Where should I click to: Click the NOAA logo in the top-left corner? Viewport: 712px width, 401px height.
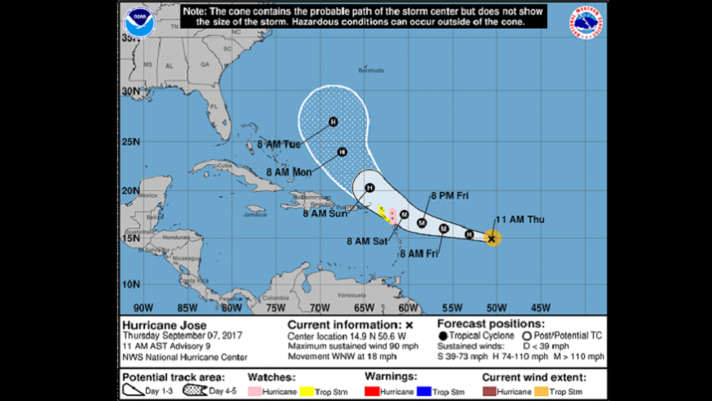140,23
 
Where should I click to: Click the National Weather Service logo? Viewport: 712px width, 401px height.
587,23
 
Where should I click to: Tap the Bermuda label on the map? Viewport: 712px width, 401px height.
371,71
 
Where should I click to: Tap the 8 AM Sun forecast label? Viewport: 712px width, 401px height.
325,213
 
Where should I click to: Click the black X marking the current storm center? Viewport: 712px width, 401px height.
492,239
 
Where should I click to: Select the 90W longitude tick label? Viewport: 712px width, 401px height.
143,308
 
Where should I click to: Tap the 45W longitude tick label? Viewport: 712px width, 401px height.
541,308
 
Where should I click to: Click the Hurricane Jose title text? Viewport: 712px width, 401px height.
158,325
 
